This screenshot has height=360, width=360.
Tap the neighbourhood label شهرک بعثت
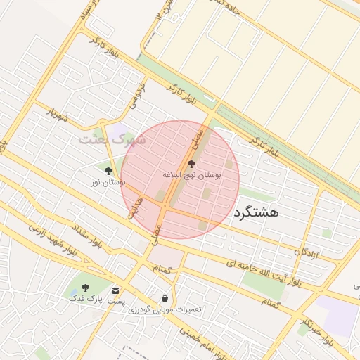click(x=112, y=139)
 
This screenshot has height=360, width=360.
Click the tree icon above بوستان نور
click(x=108, y=171)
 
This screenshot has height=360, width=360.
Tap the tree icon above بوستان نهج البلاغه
click(x=191, y=164)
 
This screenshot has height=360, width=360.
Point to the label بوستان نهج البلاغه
click(x=191, y=175)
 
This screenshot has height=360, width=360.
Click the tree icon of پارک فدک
click(x=85, y=288)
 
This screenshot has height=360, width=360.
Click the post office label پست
click(x=116, y=301)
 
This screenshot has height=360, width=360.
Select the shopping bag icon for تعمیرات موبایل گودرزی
click(x=165, y=298)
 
